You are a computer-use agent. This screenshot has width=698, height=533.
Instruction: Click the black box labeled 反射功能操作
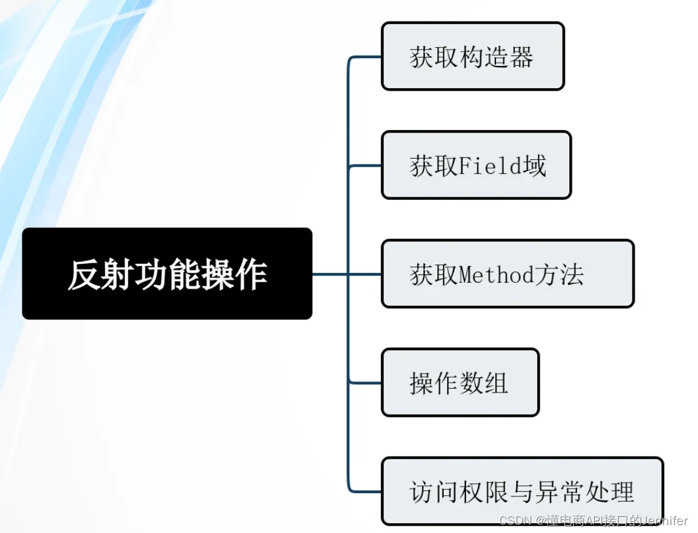167,273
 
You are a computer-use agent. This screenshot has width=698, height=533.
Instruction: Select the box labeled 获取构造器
472,56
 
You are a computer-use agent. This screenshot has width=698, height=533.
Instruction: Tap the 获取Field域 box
476,165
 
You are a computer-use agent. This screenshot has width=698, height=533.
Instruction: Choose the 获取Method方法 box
507,274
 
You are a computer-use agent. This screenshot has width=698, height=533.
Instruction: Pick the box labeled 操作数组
460,382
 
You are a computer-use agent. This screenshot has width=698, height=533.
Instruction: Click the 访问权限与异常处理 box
522,491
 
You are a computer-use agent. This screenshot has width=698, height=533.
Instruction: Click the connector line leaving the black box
329,274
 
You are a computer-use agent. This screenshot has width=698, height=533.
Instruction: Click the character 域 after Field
536,166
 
